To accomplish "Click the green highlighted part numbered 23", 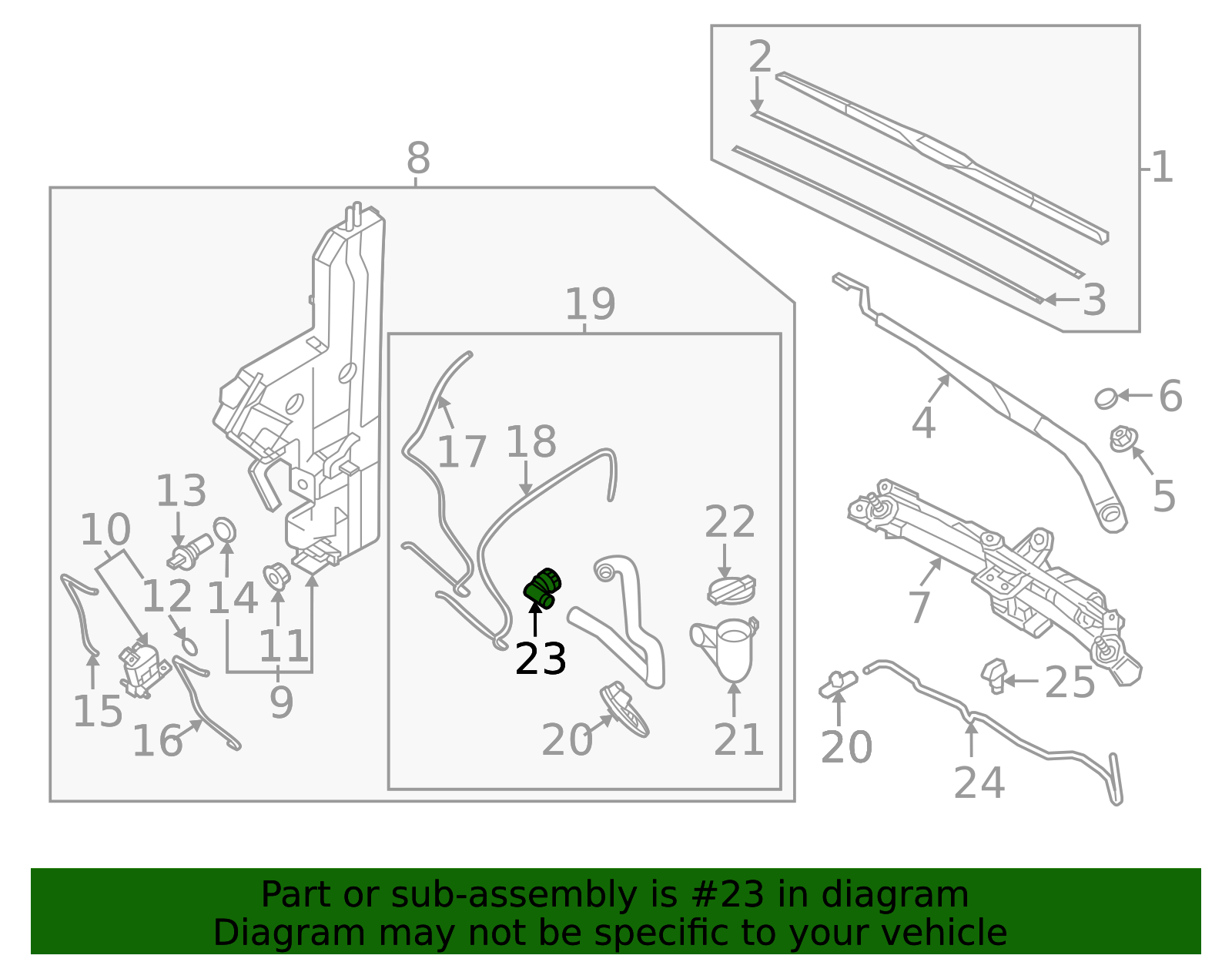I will [x=543, y=589].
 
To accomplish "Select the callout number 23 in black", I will [x=541, y=659].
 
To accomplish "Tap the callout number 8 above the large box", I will [x=418, y=159].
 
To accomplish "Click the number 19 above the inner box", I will [x=590, y=304].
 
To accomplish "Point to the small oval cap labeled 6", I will [x=1106, y=398].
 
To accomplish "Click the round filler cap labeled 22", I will [x=731, y=590].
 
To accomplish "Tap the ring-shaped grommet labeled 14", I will [x=225, y=530].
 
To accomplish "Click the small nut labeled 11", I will [x=276, y=575].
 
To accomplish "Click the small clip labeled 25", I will [x=994, y=675].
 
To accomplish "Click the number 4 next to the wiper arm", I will [x=923, y=423].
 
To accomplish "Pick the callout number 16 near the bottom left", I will [x=157, y=741].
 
